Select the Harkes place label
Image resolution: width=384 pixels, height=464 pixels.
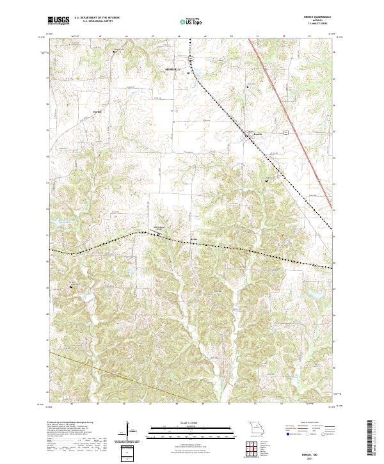[x=98, y=112]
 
